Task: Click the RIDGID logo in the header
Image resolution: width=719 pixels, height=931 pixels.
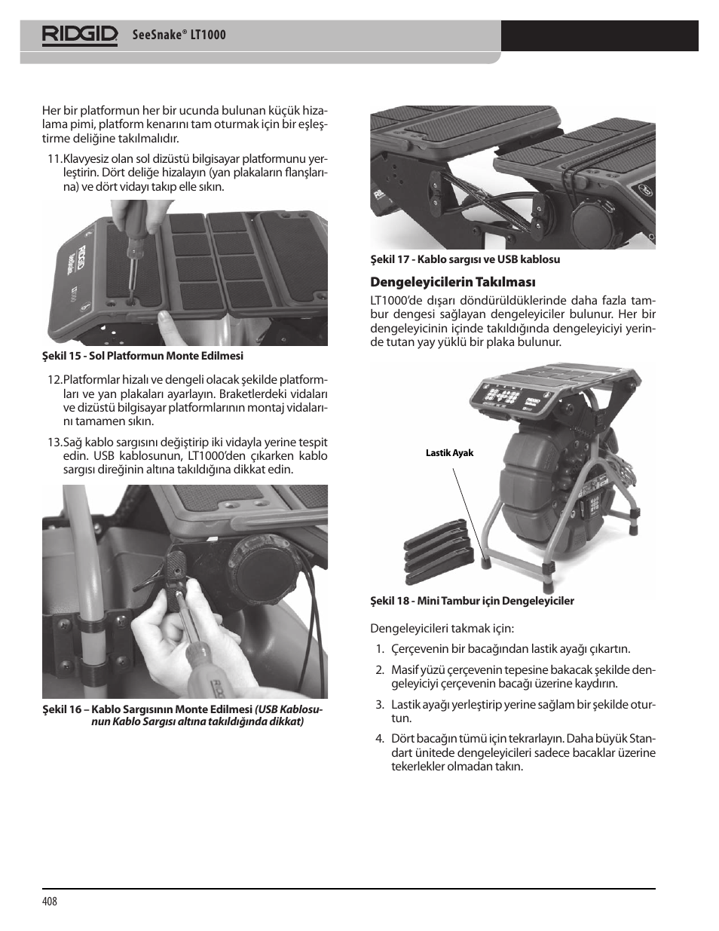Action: (80, 35)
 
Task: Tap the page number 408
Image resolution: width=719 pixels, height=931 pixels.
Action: (50, 902)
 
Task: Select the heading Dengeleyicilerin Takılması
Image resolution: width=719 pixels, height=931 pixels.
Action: (452, 282)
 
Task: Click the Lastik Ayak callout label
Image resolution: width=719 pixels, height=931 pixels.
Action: (449, 453)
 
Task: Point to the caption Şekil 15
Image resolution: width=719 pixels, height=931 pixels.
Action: (142, 356)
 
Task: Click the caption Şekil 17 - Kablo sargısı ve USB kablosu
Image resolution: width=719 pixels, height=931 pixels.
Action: (464, 259)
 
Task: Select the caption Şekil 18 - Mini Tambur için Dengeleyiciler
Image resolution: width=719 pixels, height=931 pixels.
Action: (472, 601)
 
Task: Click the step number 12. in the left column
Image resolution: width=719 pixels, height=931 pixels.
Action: (54, 380)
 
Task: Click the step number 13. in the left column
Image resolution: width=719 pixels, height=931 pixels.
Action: (54, 442)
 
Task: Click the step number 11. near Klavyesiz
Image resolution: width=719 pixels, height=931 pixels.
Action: (54, 159)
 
